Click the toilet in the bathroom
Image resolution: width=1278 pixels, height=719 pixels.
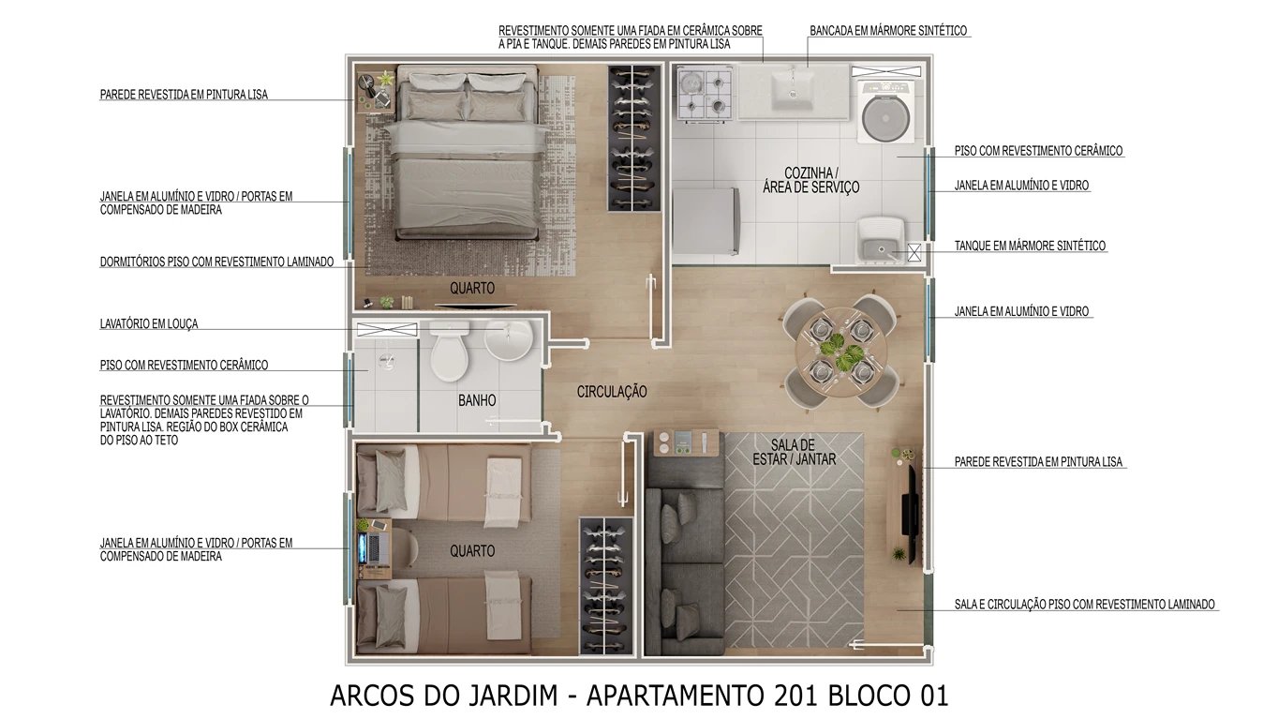(450, 352)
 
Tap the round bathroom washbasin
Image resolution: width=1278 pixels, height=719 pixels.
(508, 339)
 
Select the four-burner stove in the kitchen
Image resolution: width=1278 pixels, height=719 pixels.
(702, 94)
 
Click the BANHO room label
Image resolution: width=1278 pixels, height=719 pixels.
(477, 400)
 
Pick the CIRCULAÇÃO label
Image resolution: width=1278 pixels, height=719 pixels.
(611, 392)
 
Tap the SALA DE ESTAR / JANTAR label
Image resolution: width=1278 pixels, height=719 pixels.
(795, 452)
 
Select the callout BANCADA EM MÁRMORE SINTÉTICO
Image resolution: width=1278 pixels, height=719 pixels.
(887, 31)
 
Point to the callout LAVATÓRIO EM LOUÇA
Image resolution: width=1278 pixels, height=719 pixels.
(149, 324)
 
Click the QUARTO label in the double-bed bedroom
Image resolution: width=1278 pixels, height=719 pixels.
(471, 289)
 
